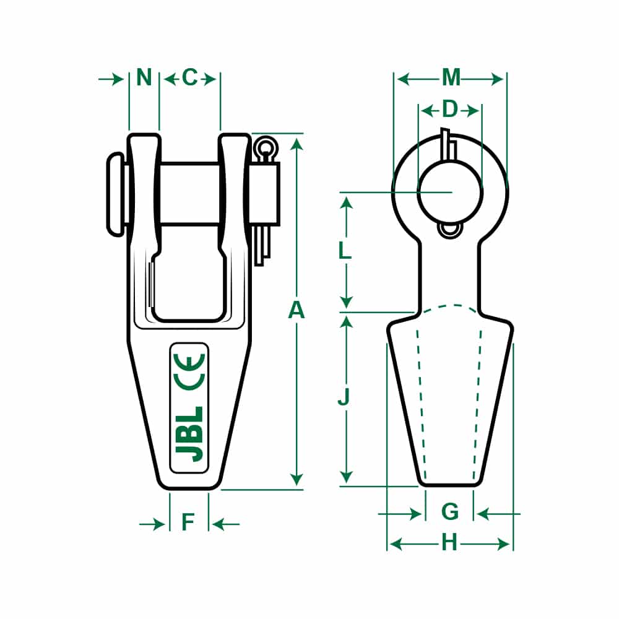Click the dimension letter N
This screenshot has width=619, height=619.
(144, 78)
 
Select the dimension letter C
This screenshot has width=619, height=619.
(189, 78)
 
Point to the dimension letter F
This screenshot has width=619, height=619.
(188, 524)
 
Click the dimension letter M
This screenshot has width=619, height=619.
(451, 78)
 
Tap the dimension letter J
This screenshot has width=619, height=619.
(344, 397)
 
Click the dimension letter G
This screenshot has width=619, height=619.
(450, 512)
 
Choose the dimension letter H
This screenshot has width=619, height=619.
(449, 543)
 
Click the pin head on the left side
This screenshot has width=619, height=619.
(115, 193)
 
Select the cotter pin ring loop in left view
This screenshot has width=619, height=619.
(267, 147)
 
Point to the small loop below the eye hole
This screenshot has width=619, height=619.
(450, 230)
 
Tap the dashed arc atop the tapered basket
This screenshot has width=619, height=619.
(450, 306)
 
